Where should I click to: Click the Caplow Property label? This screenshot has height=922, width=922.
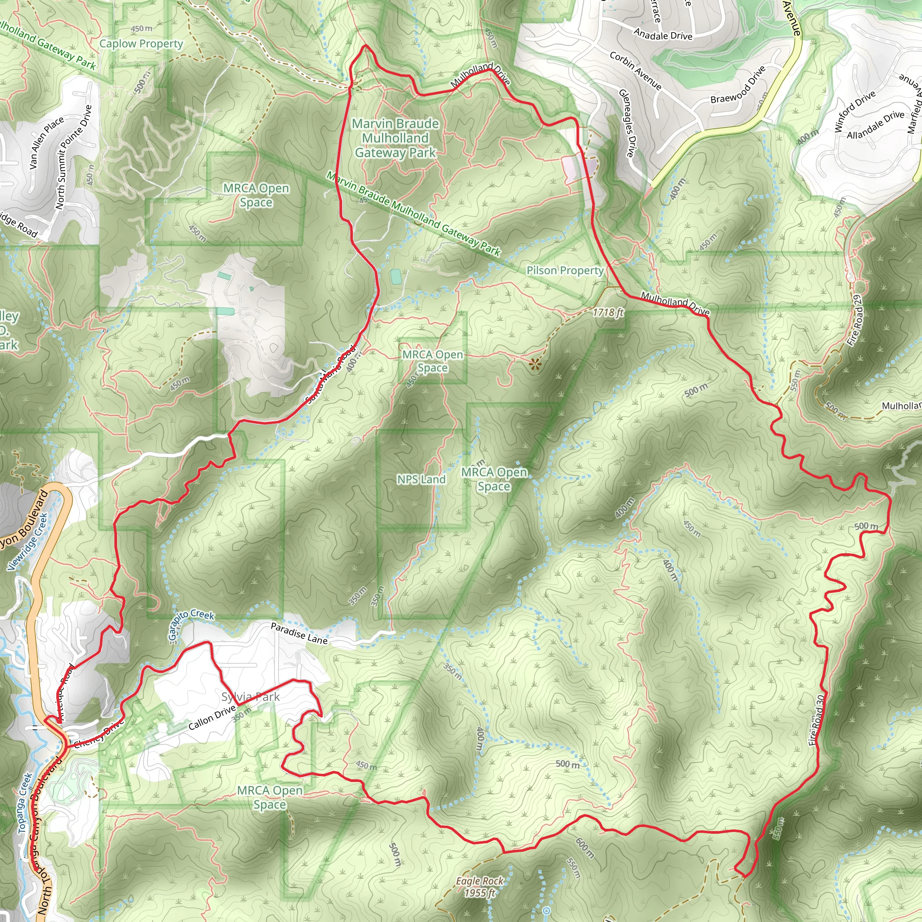[x=141, y=44]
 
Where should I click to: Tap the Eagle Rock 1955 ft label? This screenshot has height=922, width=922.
[x=479, y=887]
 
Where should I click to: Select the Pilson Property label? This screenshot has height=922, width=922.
[x=565, y=271]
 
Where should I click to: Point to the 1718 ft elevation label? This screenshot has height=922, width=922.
[x=608, y=313]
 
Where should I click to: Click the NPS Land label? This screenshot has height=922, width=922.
[x=421, y=479]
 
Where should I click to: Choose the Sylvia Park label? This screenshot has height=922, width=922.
[x=251, y=697]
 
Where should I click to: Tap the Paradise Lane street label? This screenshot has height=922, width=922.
[x=299, y=634]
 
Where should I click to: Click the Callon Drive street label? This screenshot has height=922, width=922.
[x=212, y=719]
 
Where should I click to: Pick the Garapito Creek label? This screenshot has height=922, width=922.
[x=190, y=623]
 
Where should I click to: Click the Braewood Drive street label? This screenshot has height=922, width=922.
[x=738, y=85]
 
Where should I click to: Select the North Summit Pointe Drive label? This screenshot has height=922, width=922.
[x=73, y=157]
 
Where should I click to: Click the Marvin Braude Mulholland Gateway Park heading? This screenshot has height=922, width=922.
[x=395, y=138]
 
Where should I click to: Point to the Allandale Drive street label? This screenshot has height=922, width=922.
[x=875, y=125]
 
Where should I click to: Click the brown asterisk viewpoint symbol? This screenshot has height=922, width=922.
[x=535, y=365]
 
